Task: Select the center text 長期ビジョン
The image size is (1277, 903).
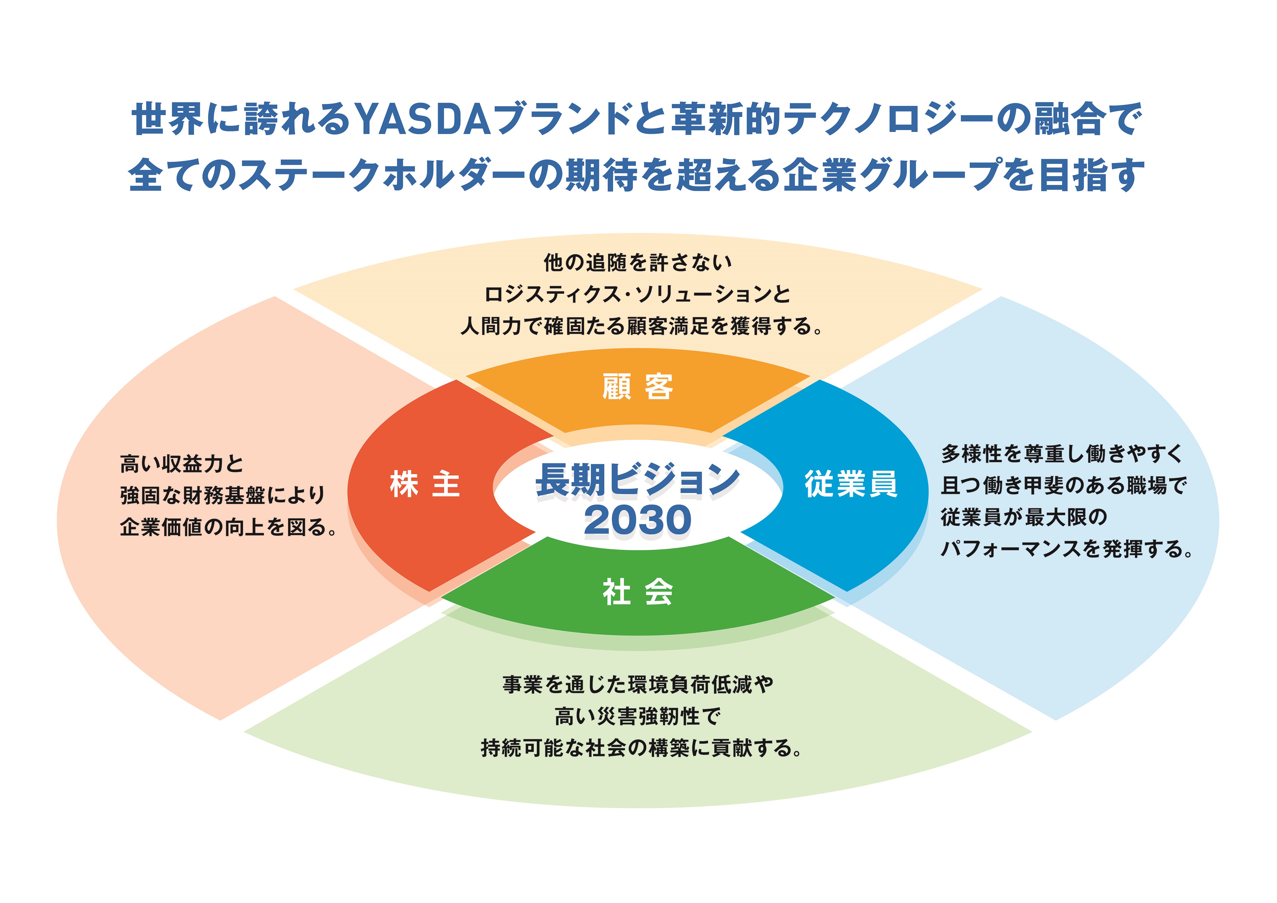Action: [x=638, y=480]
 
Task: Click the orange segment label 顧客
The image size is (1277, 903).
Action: [x=638, y=387]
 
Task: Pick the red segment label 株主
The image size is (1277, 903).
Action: [x=425, y=484]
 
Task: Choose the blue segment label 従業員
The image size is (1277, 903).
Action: [x=851, y=484]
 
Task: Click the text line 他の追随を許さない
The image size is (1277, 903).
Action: [x=638, y=263]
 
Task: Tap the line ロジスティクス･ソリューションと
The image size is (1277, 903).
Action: [x=638, y=294]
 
